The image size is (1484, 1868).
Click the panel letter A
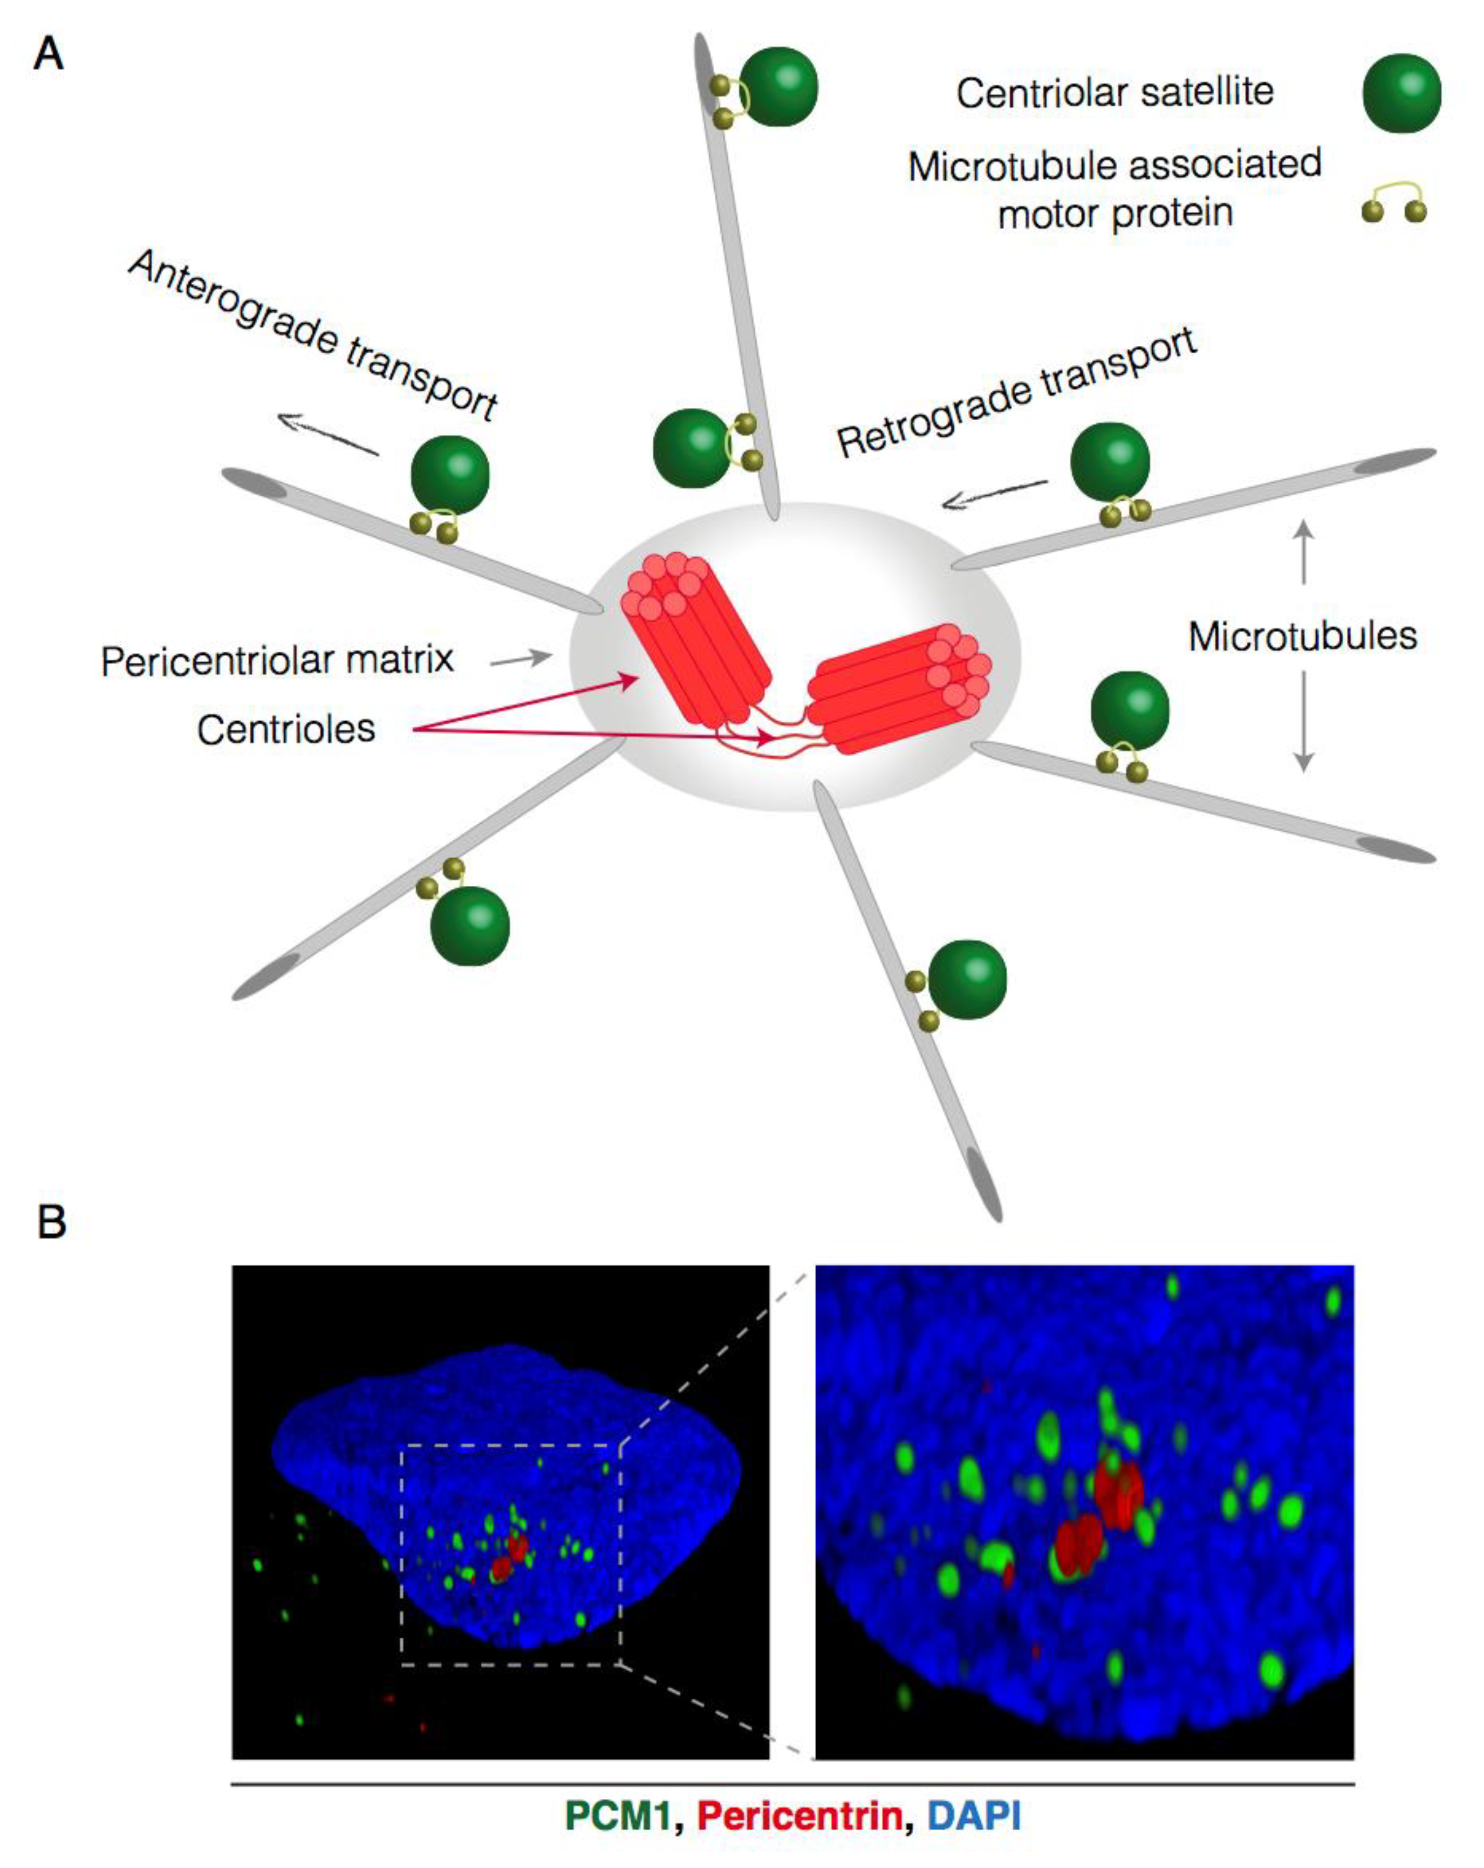coord(49,54)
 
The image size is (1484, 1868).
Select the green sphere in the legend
coord(1401,93)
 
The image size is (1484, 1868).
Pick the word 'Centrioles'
coord(286,729)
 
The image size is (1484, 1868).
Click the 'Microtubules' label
coord(1302,636)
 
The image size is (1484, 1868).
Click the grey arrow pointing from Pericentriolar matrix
coord(521,659)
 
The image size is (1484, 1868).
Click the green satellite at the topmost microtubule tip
coord(778,87)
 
